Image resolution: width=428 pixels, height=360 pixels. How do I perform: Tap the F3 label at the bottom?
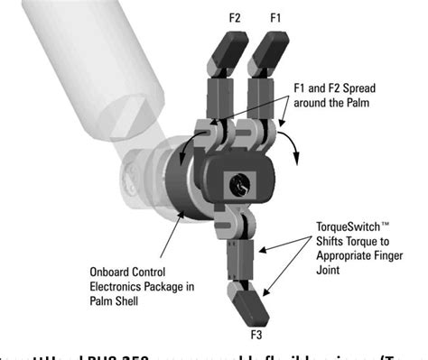tap(256, 337)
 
